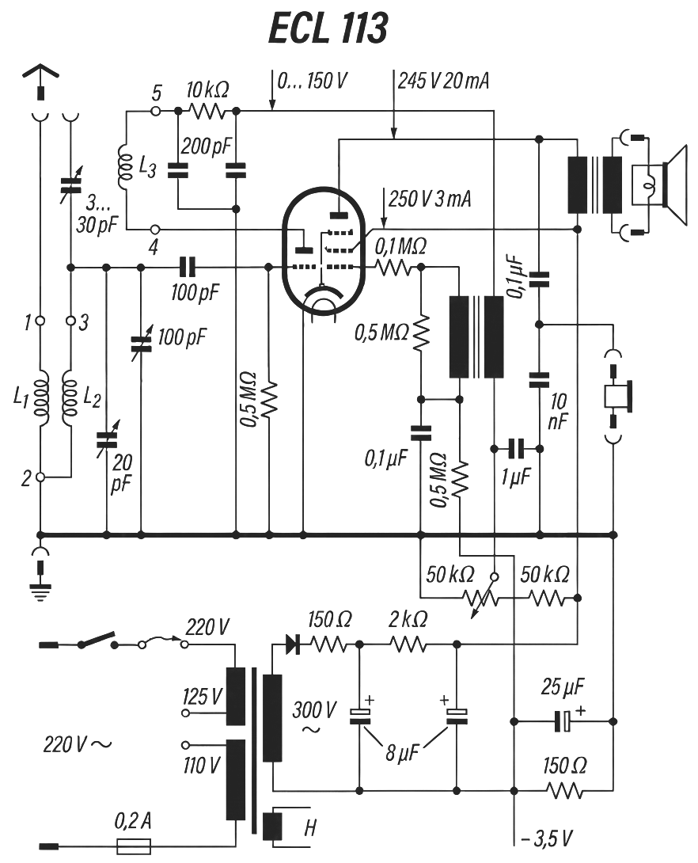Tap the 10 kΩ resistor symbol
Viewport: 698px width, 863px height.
[x=207, y=111]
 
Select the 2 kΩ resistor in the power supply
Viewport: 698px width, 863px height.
[x=408, y=646]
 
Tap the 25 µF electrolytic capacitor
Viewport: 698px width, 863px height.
[x=563, y=721]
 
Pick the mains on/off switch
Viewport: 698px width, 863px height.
[x=97, y=640]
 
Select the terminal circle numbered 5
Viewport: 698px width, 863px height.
[x=156, y=111]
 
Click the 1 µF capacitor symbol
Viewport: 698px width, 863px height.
[x=517, y=449]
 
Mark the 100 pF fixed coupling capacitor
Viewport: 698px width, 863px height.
[x=187, y=268]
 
